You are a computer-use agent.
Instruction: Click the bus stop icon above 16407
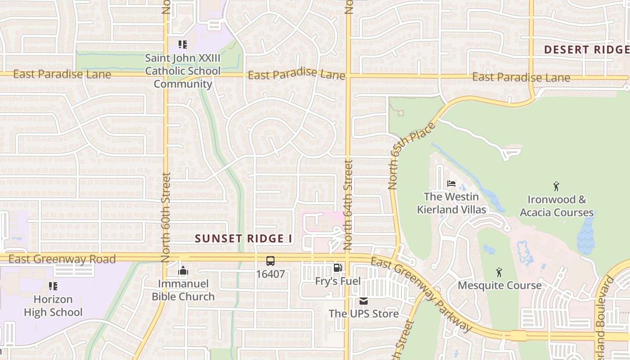tap(270, 261)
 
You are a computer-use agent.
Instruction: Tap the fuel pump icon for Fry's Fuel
tap(337, 268)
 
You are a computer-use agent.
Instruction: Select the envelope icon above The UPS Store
tap(364, 301)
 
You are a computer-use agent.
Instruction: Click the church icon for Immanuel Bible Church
tap(183, 270)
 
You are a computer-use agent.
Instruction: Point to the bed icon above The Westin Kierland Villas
tap(451, 184)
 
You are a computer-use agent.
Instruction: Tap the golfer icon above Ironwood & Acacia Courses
tap(556, 186)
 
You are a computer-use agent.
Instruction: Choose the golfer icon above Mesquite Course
tap(499, 272)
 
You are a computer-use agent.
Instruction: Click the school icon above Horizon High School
tap(53, 286)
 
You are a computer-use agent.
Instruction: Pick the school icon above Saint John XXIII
tap(182, 45)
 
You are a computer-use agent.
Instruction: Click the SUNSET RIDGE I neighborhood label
tap(244, 239)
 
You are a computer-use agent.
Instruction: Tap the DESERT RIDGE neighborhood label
tap(586, 50)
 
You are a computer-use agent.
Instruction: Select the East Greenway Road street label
tap(62, 259)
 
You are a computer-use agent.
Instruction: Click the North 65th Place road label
tap(412, 155)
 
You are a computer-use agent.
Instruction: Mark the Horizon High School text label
tap(53, 306)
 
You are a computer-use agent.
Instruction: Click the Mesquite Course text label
tap(499, 286)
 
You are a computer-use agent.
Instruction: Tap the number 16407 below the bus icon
tap(270, 274)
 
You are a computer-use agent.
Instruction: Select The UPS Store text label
tap(364, 314)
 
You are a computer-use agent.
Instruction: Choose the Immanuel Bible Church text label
tap(183, 290)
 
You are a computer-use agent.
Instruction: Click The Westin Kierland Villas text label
tap(451, 203)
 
